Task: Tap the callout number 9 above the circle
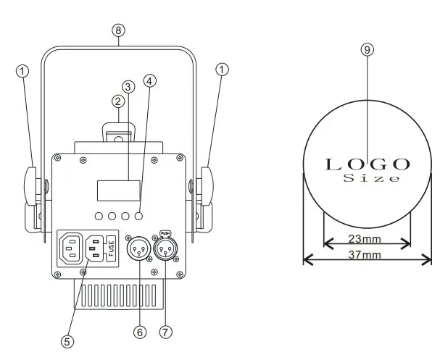368,49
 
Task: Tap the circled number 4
149,81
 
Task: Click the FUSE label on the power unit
112,247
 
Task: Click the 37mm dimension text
367,255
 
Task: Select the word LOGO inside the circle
368,164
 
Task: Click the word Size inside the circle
370,178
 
